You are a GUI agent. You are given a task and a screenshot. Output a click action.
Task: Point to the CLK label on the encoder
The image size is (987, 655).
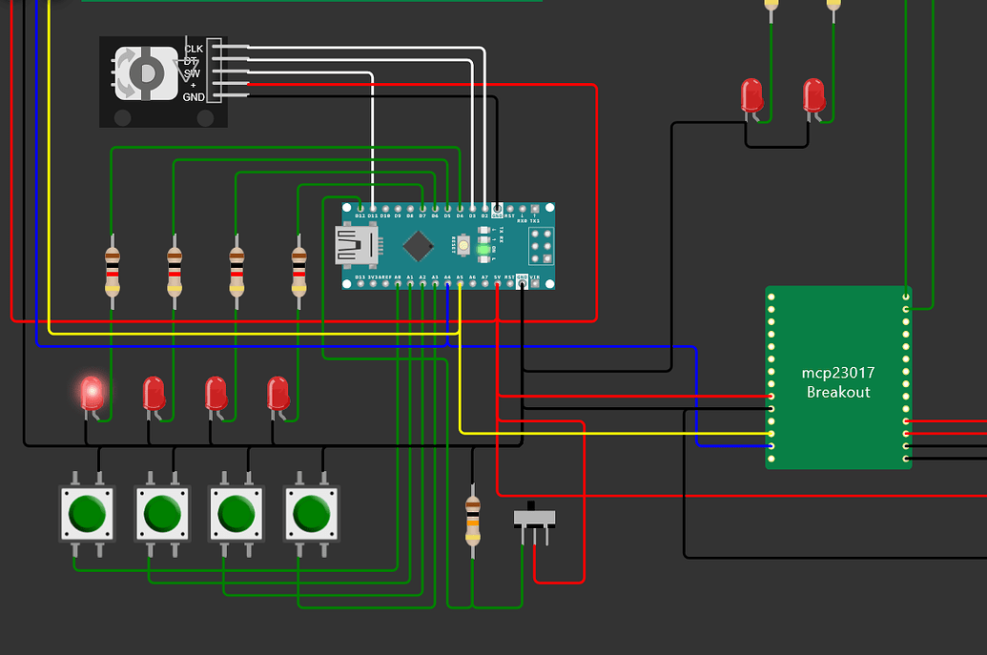[x=194, y=48]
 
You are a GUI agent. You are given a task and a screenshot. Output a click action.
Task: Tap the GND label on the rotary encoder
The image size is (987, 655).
[x=194, y=97]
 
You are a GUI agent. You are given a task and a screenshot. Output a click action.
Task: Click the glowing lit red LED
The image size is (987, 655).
[x=92, y=392]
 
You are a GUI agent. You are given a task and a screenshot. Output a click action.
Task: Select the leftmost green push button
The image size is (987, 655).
[x=86, y=515]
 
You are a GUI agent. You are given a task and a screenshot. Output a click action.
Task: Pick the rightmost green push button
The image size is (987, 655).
[x=311, y=515]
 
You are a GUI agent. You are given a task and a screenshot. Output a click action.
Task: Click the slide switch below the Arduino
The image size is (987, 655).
[x=535, y=517]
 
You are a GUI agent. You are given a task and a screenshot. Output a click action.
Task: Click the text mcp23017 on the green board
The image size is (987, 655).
[x=838, y=374]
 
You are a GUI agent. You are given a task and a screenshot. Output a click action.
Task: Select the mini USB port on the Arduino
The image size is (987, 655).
[x=360, y=246]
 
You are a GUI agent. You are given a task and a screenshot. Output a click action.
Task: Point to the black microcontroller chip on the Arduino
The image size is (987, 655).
[x=418, y=246]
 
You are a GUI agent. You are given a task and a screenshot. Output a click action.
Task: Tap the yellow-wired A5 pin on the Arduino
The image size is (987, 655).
[x=460, y=284]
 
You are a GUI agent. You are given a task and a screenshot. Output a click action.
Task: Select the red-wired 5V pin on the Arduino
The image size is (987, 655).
[x=498, y=284]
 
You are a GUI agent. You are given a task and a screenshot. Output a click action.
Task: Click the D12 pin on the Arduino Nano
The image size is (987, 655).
[x=360, y=208]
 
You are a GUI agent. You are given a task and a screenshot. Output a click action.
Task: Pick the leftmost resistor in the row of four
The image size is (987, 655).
[x=113, y=270]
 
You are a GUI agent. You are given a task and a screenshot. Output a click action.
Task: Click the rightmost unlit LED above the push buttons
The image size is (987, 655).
[x=278, y=392]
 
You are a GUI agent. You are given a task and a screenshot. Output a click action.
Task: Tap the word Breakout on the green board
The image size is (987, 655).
[x=838, y=392]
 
